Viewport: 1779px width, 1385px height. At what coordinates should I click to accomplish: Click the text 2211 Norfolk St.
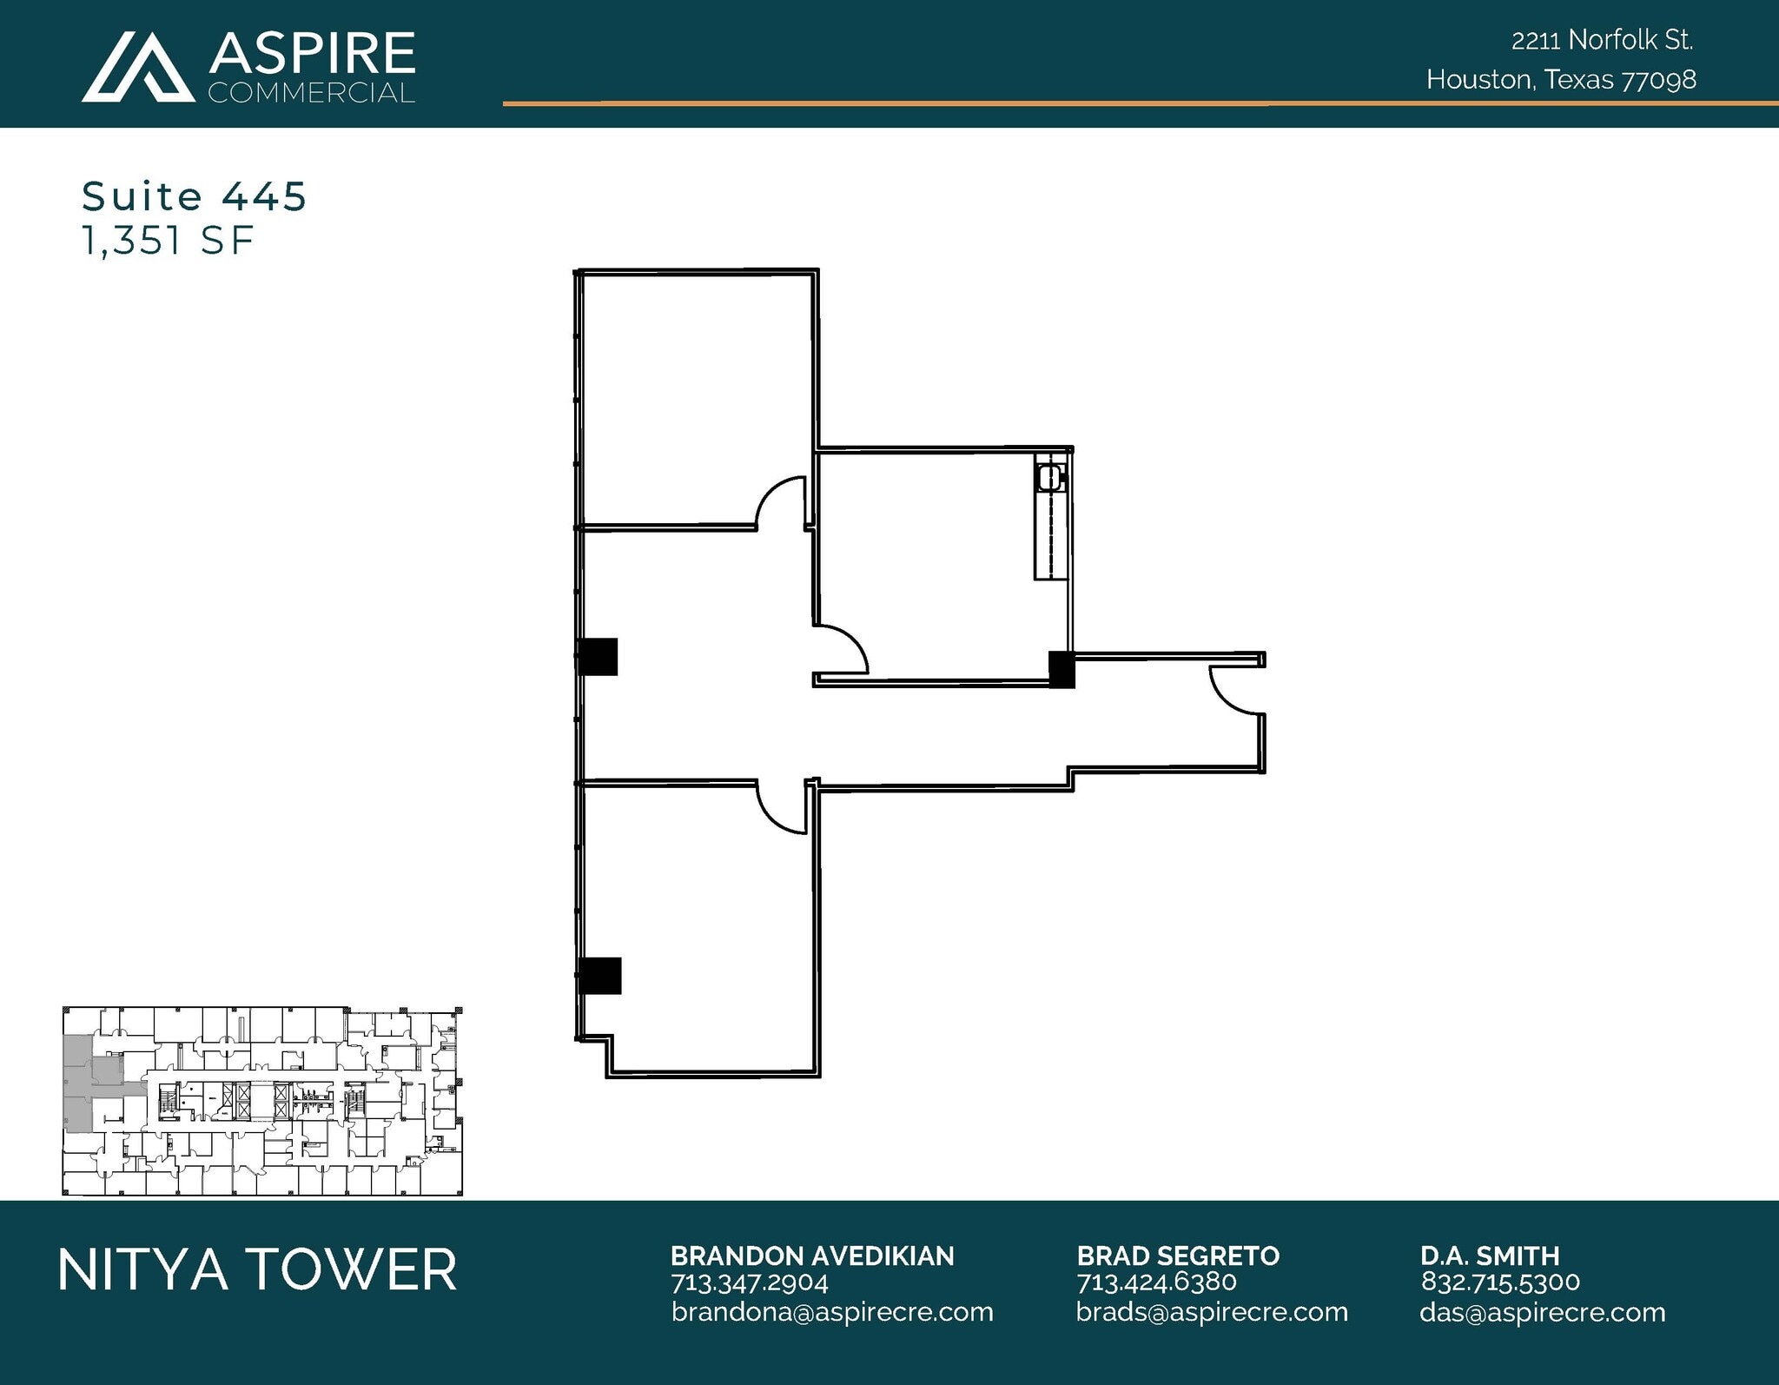(1602, 40)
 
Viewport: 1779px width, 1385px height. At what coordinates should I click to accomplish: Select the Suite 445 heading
(194, 196)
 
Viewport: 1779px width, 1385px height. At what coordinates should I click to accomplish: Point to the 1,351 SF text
(168, 241)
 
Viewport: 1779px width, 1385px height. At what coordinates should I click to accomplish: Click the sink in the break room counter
(1049, 476)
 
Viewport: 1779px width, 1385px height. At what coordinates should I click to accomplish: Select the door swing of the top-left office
(782, 502)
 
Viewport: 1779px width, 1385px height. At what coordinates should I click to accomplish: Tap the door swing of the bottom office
(782, 806)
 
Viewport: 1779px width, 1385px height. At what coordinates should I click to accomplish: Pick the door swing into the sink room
(841, 648)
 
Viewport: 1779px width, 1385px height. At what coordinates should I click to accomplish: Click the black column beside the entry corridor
(1061, 669)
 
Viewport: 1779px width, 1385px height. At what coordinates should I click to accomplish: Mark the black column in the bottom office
(599, 975)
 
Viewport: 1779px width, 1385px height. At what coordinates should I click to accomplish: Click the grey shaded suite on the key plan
(78, 1086)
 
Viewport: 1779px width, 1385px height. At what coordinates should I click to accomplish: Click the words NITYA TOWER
(257, 1269)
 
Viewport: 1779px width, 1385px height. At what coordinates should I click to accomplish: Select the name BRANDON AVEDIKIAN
(811, 1256)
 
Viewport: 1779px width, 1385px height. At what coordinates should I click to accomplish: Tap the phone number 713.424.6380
(1156, 1282)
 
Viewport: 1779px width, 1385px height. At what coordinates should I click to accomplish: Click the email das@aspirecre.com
(1542, 1312)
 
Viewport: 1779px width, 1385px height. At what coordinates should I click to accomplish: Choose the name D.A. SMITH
(1489, 1256)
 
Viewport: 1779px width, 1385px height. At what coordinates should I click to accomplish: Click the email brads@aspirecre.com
(1211, 1312)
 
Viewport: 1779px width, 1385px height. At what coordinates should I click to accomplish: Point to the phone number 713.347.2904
(749, 1282)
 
